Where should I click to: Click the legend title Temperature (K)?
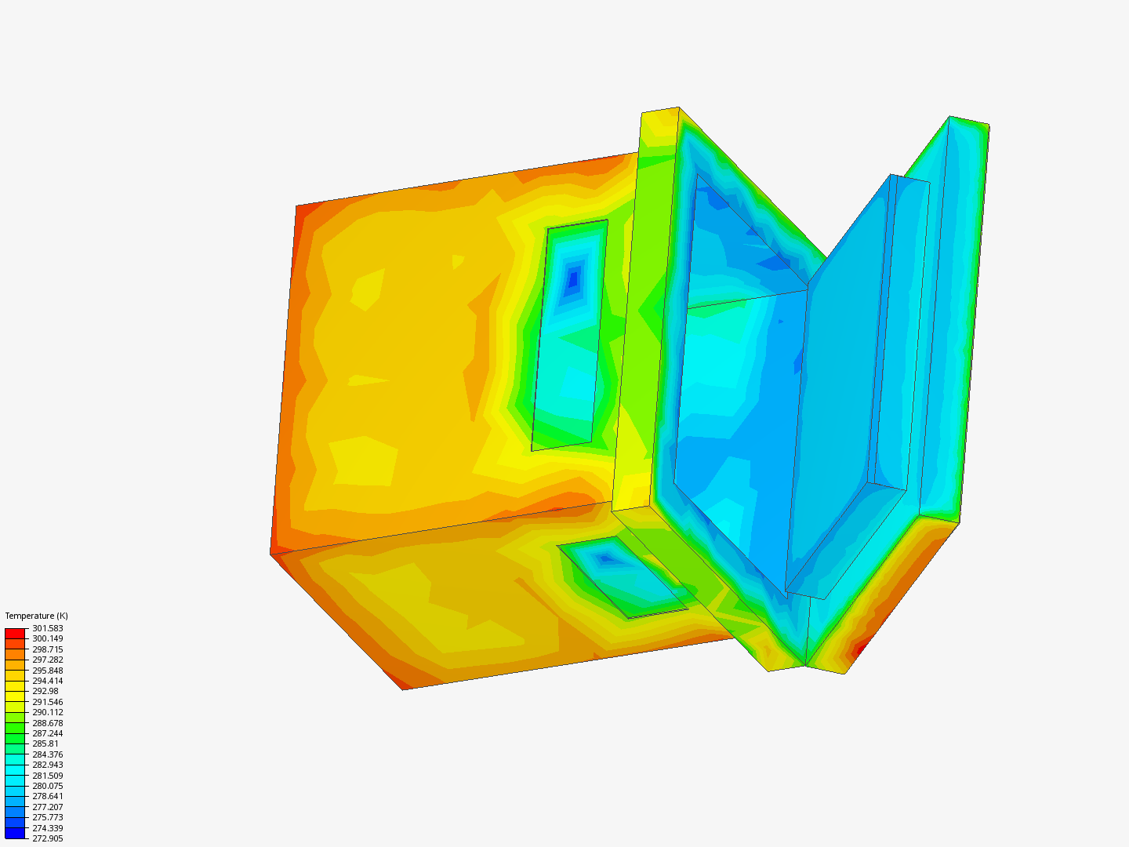[x=37, y=616]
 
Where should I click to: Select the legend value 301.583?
[x=47, y=628]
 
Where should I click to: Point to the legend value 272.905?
[x=47, y=838]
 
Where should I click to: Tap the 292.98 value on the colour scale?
[x=45, y=691]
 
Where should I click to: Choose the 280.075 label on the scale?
[x=47, y=786]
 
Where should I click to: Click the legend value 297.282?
[x=47, y=660]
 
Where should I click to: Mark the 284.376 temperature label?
[x=47, y=754]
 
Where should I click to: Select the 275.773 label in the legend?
[x=47, y=817]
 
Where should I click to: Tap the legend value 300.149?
[x=47, y=638]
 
